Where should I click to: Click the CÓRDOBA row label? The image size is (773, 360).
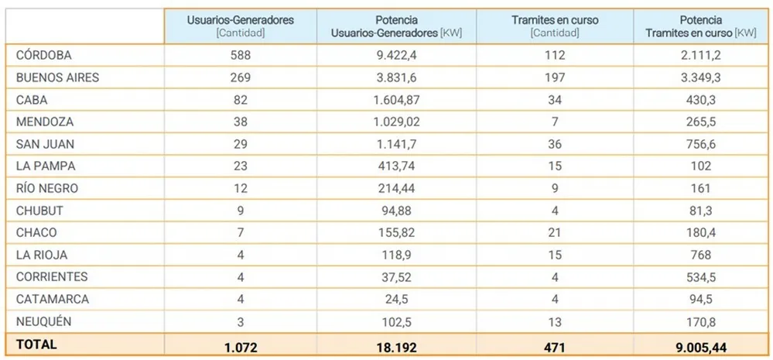click(43, 56)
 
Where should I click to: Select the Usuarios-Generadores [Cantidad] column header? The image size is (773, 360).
click(241, 26)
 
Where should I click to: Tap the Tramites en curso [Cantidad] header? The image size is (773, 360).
click(554, 26)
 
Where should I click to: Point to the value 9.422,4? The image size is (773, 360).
click(397, 56)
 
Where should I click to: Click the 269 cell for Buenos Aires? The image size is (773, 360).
click(241, 77)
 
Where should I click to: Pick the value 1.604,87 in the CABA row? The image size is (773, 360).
click(397, 100)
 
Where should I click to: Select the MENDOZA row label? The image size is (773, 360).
click(43, 122)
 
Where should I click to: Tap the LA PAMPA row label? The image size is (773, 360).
click(46, 166)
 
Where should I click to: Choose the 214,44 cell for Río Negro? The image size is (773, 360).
click(397, 188)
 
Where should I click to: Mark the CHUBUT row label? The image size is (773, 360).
click(39, 210)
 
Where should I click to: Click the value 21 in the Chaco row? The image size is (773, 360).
click(554, 232)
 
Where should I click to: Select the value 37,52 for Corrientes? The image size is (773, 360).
click(397, 276)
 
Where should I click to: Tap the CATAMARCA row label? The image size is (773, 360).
click(52, 299)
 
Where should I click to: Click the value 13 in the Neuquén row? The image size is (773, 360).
click(554, 321)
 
